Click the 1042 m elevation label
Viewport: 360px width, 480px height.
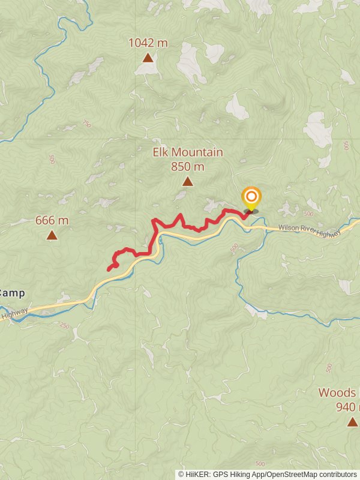(148, 43)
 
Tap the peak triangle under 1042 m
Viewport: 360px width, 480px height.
(148, 58)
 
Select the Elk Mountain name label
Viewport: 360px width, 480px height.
(188, 152)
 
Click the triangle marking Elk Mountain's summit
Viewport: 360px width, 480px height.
(188, 181)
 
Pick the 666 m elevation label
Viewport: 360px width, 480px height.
(52, 220)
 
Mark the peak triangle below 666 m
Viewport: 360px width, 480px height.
(52, 235)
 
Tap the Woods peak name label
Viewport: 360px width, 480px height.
(338, 393)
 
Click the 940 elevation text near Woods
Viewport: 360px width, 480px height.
(347, 407)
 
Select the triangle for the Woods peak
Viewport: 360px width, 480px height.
(352, 422)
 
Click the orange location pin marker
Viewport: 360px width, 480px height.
(251, 197)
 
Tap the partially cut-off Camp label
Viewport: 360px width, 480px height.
(11, 293)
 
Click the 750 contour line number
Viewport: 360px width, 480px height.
(86, 124)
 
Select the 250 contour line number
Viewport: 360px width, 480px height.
(65, 325)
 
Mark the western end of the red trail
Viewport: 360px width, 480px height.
(109, 269)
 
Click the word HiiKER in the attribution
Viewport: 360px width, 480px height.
(196, 474)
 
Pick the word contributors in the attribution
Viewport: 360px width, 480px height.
(337, 474)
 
